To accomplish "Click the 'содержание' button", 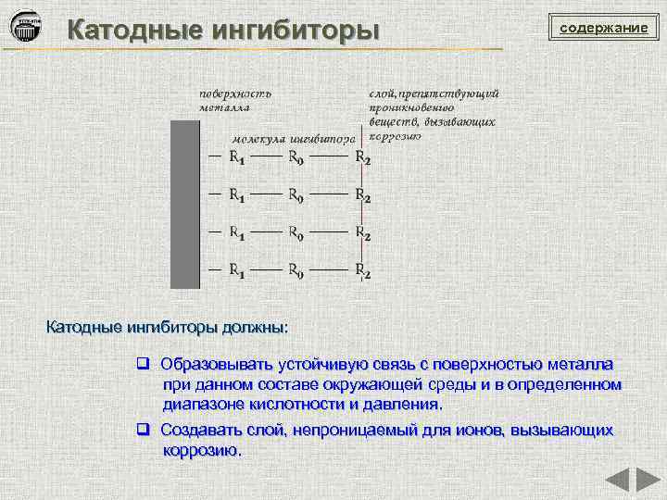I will click(x=603, y=28).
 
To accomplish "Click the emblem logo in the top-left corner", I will click(x=25, y=27).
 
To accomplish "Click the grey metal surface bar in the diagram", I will click(x=185, y=204).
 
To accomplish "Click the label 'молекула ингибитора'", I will click(x=293, y=138).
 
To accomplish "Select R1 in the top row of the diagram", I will click(x=236, y=157).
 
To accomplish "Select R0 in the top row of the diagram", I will click(x=296, y=157).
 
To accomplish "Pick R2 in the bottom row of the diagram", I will click(x=363, y=271).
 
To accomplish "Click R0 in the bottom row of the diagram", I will click(x=296, y=271).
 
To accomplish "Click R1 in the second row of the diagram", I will click(x=236, y=195).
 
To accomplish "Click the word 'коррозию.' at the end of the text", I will click(x=202, y=451).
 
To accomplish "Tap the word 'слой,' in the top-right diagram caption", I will click(x=383, y=93).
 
